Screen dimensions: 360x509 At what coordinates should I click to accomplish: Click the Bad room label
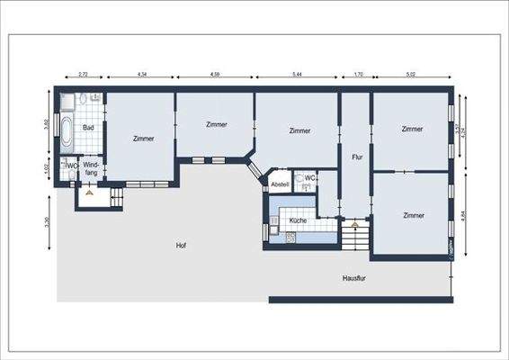pos(88,128)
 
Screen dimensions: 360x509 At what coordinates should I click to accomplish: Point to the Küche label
pos(299,220)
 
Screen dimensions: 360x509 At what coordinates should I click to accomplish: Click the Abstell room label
pos(279,184)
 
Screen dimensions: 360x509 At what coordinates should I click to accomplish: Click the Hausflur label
pos(353,279)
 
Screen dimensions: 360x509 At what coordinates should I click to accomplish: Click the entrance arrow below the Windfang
pos(90,192)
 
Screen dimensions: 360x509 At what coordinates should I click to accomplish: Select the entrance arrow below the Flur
pos(355,223)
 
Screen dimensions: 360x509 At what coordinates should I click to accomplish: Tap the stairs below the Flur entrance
pos(355,239)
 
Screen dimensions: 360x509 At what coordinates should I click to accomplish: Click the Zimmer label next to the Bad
pos(142,139)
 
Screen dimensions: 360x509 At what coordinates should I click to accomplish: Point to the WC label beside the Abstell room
pos(308,177)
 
